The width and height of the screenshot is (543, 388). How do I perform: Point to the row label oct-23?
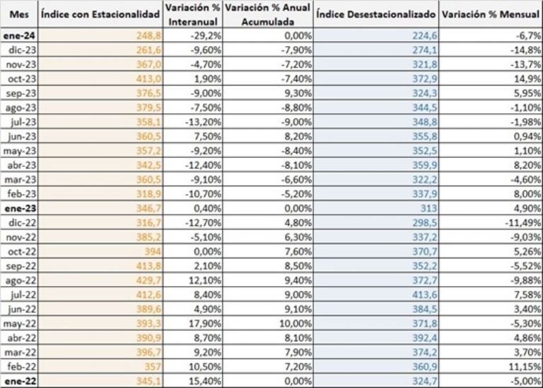tap(18, 76)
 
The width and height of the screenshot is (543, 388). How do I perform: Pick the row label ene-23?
tap(18, 207)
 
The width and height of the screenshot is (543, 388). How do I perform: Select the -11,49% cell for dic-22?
tap(523, 222)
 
